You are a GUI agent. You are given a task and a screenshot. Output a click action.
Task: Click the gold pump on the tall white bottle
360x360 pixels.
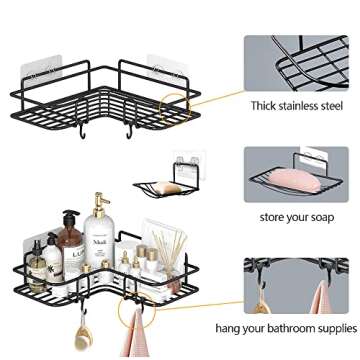pyautogui.click(x=100, y=203)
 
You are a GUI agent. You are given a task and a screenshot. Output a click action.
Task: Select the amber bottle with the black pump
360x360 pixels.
pyautogui.click(x=69, y=243)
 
